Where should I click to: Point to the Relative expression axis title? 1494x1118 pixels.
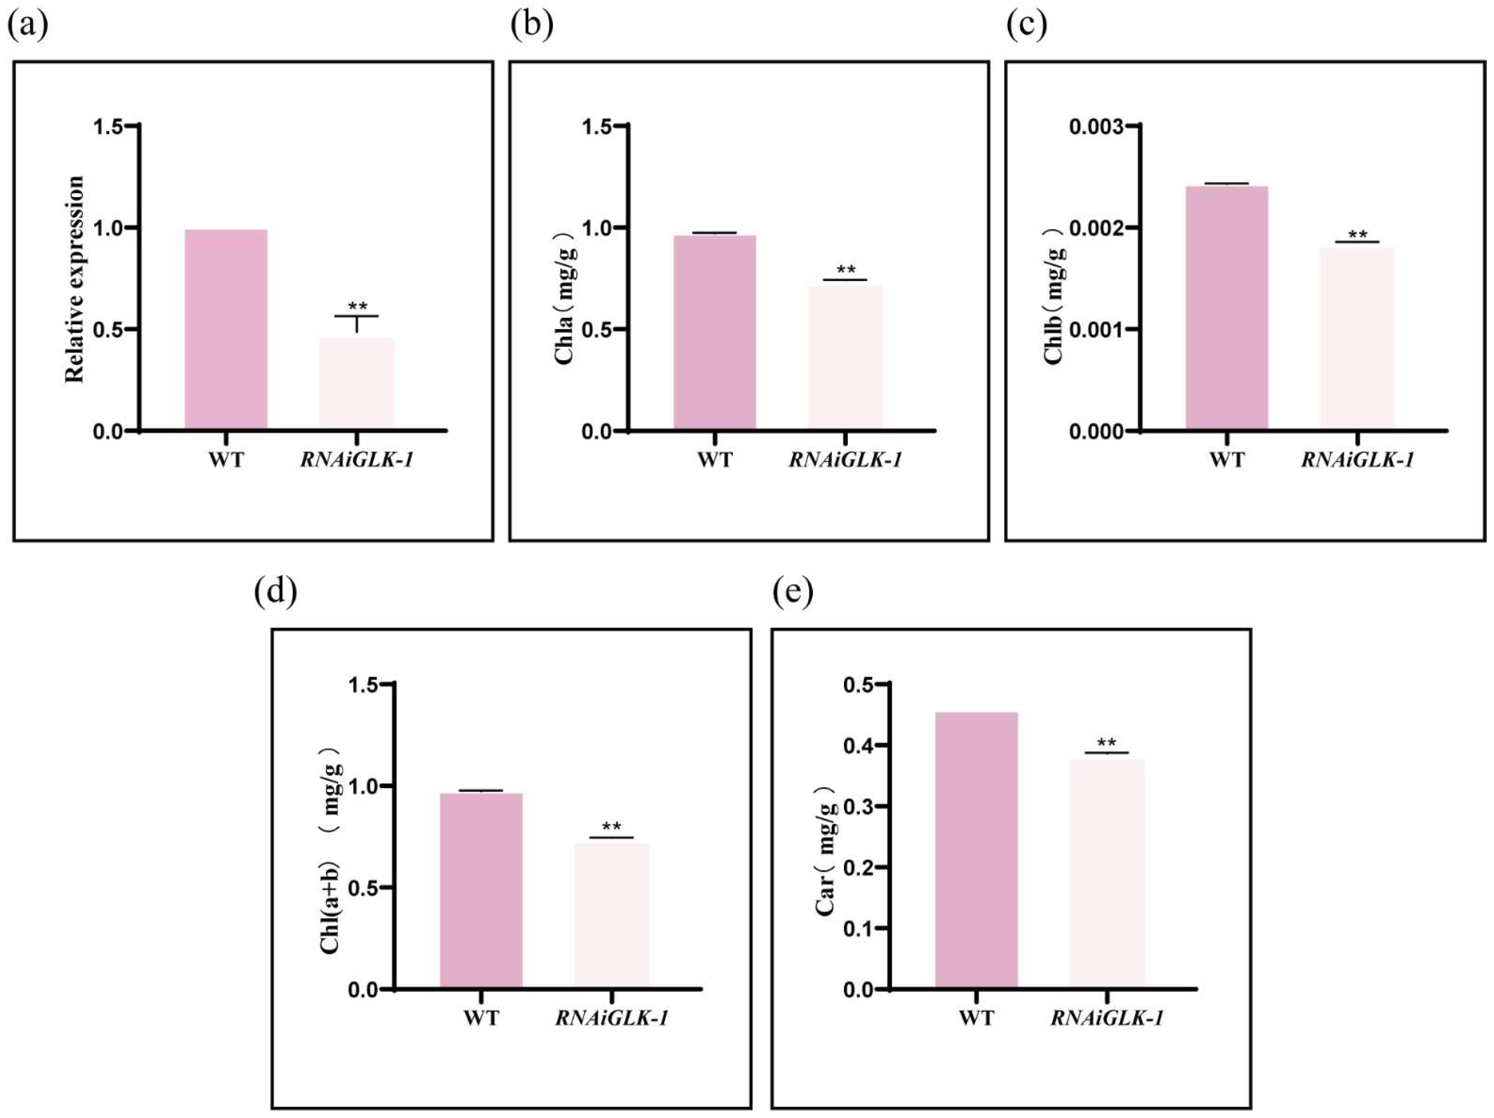[75, 279]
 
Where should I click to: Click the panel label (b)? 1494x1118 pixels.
[532, 26]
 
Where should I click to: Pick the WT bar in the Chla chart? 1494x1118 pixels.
[714, 332]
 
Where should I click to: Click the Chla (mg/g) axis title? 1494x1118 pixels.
[565, 297]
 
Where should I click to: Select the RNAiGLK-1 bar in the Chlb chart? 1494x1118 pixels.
[1357, 338]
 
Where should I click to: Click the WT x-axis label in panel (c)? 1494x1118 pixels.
[1226, 460]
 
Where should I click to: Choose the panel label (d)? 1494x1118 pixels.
[276, 591]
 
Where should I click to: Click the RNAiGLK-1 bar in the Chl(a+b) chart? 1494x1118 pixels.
[611, 915]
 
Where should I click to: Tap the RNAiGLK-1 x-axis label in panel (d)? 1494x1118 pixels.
[611, 1018]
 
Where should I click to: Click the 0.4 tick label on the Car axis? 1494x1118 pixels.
[858, 746]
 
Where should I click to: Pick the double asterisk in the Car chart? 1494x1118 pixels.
[1106, 743]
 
